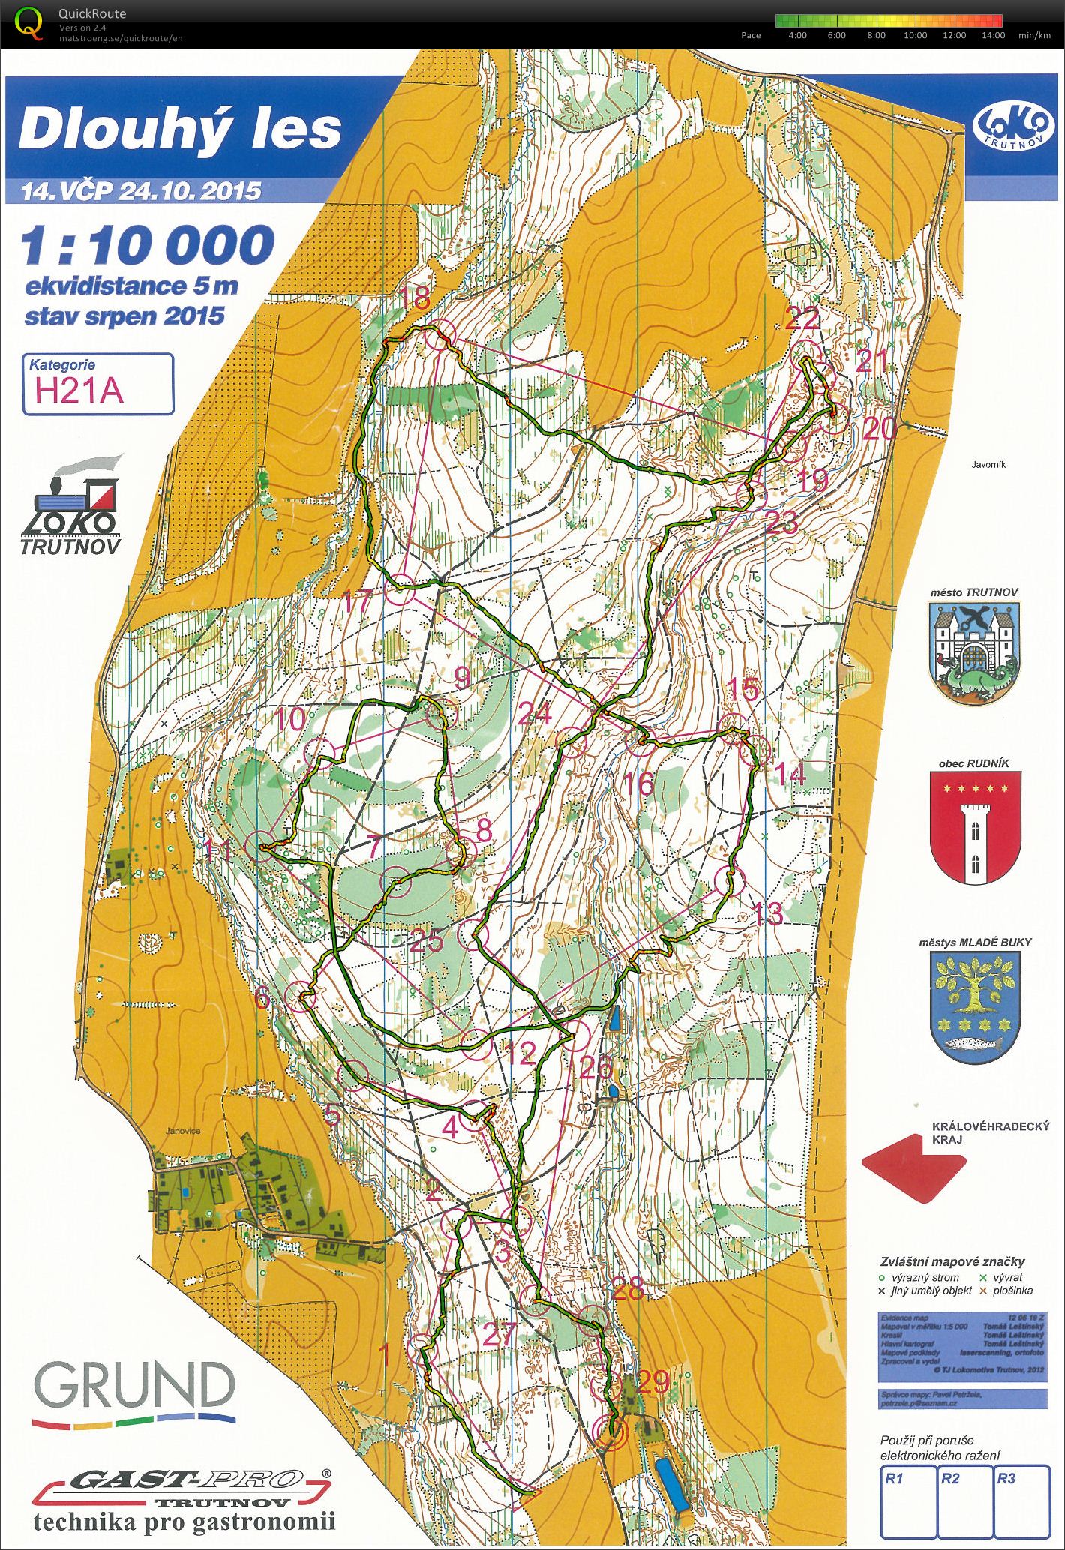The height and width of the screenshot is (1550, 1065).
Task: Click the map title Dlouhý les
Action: pos(180,129)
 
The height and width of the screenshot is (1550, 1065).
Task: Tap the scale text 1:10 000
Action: pos(148,246)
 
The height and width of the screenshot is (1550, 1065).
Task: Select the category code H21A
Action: pos(79,391)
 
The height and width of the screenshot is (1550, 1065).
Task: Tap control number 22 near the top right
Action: pos(802,319)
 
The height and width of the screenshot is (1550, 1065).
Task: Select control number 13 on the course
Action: pos(766,913)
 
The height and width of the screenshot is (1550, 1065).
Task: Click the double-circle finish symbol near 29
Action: pos(612,1433)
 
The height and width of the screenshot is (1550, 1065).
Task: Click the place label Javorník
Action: pos(988,465)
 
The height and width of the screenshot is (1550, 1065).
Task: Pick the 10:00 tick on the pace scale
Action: pos(915,35)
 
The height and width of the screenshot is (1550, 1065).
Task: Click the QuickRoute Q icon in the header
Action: pos(28,22)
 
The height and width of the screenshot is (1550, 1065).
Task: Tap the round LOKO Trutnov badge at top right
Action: pos(1012,127)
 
